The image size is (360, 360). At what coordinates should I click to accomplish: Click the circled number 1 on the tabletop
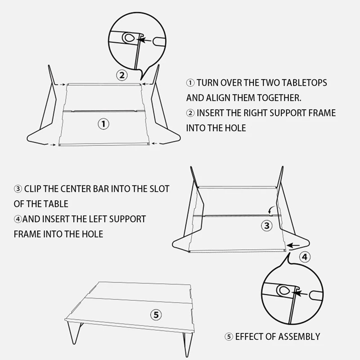pyautogui.click(x=104, y=123)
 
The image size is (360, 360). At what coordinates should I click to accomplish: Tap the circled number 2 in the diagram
pyautogui.click(x=122, y=75)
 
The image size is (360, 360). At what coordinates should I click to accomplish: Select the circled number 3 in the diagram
pyautogui.click(x=267, y=225)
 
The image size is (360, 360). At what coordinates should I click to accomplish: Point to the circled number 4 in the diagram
pyautogui.click(x=305, y=257)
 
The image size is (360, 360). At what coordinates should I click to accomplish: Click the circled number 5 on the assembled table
pyautogui.click(x=156, y=315)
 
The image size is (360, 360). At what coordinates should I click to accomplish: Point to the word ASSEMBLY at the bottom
pyautogui.click(x=299, y=336)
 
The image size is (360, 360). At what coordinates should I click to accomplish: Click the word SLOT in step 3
pyautogui.click(x=159, y=189)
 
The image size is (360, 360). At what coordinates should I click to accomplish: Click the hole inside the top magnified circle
pyautogui.click(x=129, y=38)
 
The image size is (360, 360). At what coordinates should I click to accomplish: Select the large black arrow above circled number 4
pyautogui.click(x=294, y=246)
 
